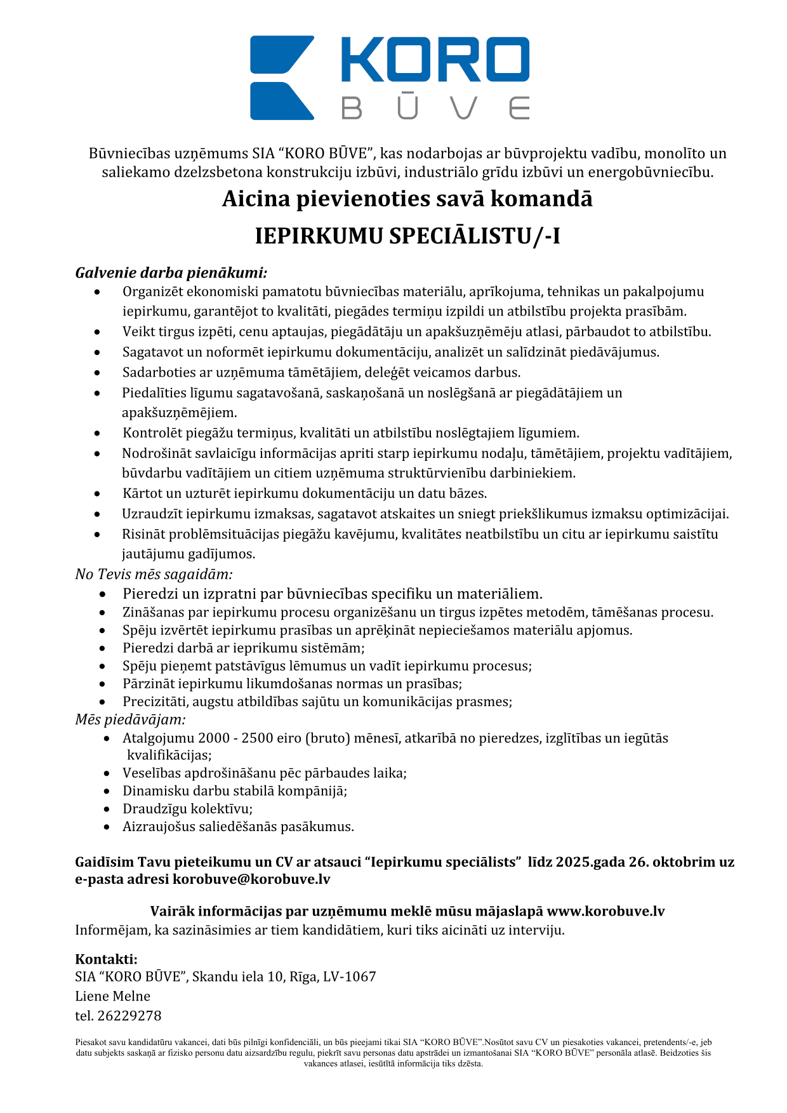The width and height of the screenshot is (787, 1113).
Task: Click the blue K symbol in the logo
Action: (282, 77)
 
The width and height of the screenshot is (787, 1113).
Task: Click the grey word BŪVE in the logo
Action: (435, 108)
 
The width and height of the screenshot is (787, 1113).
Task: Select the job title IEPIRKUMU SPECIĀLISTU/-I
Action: (407, 236)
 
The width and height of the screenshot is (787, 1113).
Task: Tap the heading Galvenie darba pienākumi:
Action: (171, 273)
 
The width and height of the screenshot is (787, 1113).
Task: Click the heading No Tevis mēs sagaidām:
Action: (154, 574)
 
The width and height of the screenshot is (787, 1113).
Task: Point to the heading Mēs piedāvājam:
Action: (130, 719)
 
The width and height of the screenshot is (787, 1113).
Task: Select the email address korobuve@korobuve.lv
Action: (251, 879)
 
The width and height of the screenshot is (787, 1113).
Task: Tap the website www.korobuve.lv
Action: (605, 911)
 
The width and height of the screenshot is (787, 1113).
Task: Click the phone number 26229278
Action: (129, 1016)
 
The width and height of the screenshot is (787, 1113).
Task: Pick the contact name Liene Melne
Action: (113, 996)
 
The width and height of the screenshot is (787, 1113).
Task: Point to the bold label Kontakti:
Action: (106, 959)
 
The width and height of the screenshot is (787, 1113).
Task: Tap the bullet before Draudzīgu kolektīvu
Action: (108, 809)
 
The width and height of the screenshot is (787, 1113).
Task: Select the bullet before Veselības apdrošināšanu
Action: (108, 773)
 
